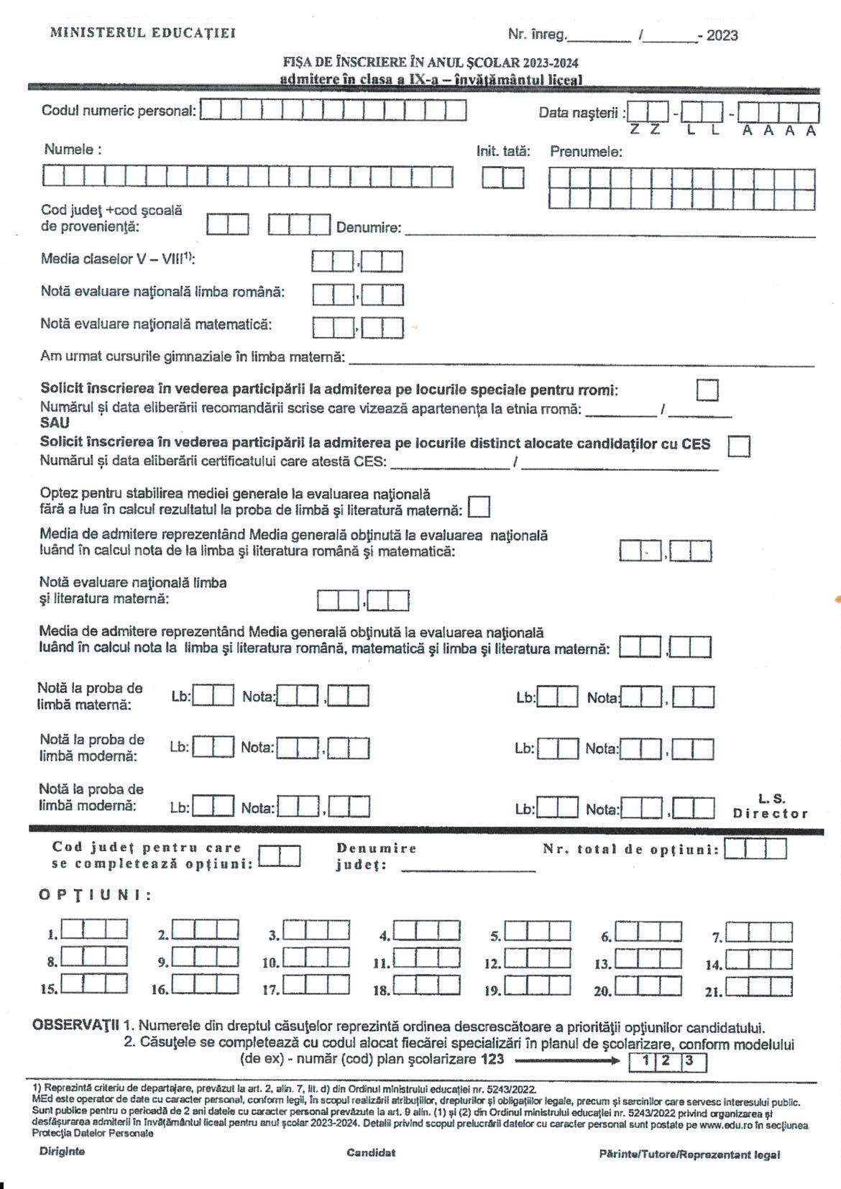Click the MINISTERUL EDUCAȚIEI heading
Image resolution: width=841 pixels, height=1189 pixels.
click(x=142, y=32)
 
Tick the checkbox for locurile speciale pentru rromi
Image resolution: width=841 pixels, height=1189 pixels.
click(x=707, y=390)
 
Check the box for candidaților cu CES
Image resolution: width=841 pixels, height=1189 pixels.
click(x=739, y=446)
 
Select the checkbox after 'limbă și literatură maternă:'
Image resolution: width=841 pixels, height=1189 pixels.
click(x=479, y=507)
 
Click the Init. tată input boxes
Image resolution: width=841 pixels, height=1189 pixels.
click(x=503, y=177)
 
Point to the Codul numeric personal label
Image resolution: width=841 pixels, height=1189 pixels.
click(x=119, y=111)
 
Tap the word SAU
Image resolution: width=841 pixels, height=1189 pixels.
click(x=55, y=423)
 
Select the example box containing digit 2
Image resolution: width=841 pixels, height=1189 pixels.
click(x=666, y=1061)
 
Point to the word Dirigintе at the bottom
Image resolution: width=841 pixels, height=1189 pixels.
click(x=62, y=1151)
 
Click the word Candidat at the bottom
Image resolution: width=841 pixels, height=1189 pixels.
click(x=371, y=1152)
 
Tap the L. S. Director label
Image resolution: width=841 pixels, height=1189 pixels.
click(x=771, y=806)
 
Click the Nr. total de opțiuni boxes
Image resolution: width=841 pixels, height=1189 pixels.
click(x=755, y=849)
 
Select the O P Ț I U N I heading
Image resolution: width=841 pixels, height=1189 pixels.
click(x=95, y=895)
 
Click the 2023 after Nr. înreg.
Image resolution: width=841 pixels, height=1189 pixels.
click(x=722, y=35)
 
